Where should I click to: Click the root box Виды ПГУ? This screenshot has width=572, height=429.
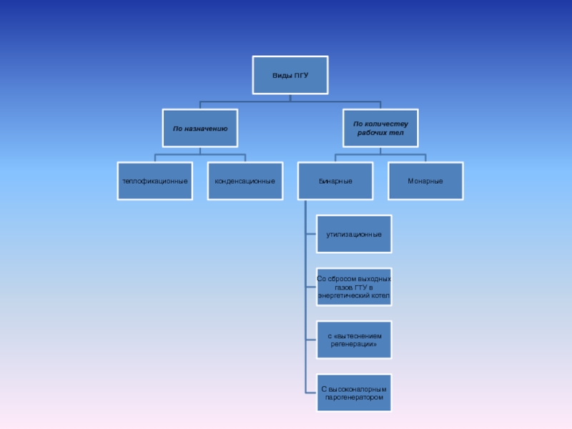[290, 75]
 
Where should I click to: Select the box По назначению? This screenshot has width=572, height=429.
[200, 129]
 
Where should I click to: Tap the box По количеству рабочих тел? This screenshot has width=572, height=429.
[380, 129]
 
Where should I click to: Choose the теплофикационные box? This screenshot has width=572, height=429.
[155, 181]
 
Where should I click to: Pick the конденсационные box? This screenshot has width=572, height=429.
[245, 181]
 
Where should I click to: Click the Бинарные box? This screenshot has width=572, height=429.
[335, 181]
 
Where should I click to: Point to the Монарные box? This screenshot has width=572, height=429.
[425, 181]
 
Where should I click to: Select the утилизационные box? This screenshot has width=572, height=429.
[355, 234]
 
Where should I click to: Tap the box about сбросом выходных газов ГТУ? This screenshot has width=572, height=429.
[355, 287]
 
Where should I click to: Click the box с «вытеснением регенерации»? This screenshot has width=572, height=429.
[355, 340]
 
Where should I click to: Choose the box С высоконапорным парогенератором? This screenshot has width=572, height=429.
[355, 393]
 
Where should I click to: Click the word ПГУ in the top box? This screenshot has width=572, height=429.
[300, 75]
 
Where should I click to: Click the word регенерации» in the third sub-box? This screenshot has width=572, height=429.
[354, 344]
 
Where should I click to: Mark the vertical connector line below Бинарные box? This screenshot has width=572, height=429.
[305, 300]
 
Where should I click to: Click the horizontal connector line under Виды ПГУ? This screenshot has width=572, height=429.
[290, 102]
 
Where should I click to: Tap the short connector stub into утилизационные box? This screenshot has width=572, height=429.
[311, 234]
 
